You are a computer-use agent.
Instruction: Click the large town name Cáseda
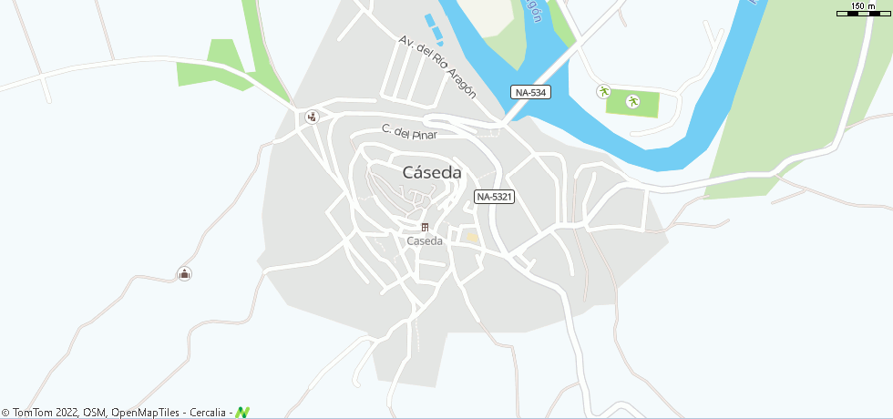(432, 172)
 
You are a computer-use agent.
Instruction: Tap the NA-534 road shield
(529, 92)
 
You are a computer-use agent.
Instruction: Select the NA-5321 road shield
(495, 196)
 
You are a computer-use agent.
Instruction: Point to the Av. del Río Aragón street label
(437, 66)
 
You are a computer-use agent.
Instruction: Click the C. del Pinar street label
(409, 132)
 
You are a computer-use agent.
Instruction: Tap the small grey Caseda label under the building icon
(425, 241)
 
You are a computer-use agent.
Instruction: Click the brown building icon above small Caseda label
(425, 227)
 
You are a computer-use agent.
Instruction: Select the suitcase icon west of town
(184, 273)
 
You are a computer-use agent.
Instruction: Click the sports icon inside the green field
(633, 101)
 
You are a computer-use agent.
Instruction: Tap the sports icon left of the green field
(602, 91)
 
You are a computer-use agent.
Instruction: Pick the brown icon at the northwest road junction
(313, 116)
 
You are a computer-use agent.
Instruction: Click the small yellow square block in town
(471, 238)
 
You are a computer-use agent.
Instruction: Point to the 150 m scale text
(863, 6)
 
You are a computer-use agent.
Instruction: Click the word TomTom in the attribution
(33, 413)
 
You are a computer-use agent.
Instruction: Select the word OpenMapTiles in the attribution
(145, 413)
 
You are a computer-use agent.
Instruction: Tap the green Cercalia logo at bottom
(242, 413)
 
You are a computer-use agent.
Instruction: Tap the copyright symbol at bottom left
(5, 413)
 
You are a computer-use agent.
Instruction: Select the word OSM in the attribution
(95, 413)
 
